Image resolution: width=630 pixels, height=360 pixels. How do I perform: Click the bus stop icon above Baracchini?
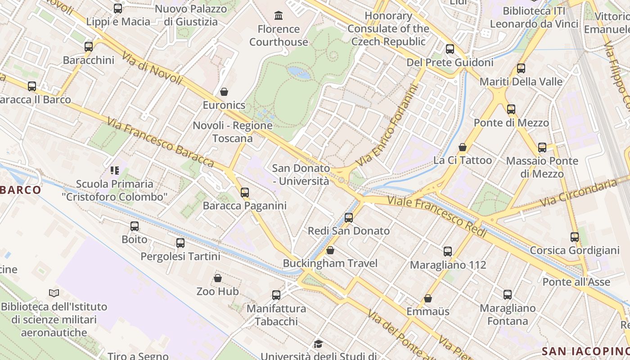(x=89, y=46)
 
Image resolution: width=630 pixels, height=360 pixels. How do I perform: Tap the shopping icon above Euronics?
(x=224, y=92)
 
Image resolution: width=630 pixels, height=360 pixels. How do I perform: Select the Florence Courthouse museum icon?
(x=279, y=16)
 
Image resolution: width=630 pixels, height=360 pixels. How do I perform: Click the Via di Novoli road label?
(x=152, y=68)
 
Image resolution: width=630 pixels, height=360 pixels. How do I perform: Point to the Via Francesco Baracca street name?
(x=160, y=141)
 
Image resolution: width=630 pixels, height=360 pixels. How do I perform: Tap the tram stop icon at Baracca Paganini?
(x=244, y=193)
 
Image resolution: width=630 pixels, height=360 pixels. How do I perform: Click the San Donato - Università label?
(x=301, y=175)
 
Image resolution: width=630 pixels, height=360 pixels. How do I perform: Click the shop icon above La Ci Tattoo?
(x=462, y=147)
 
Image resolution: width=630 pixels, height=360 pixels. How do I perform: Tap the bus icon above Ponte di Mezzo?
(x=511, y=109)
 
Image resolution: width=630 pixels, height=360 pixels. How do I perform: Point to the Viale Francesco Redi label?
(x=436, y=216)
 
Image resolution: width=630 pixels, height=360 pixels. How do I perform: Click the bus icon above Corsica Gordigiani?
(x=574, y=237)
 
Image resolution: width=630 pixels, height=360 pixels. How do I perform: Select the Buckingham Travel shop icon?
(x=330, y=250)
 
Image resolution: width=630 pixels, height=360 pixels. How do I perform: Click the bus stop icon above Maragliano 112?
(x=447, y=252)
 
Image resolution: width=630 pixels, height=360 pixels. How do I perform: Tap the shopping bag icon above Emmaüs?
(x=428, y=298)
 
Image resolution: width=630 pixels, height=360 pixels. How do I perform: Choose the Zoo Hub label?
(x=217, y=291)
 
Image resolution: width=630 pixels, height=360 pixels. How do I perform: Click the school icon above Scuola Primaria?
(x=115, y=171)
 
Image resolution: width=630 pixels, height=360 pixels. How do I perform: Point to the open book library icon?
(x=54, y=293)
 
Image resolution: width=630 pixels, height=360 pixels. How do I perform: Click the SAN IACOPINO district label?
(x=585, y=351)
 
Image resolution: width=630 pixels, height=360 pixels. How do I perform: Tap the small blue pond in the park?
(x=299, y=72)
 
